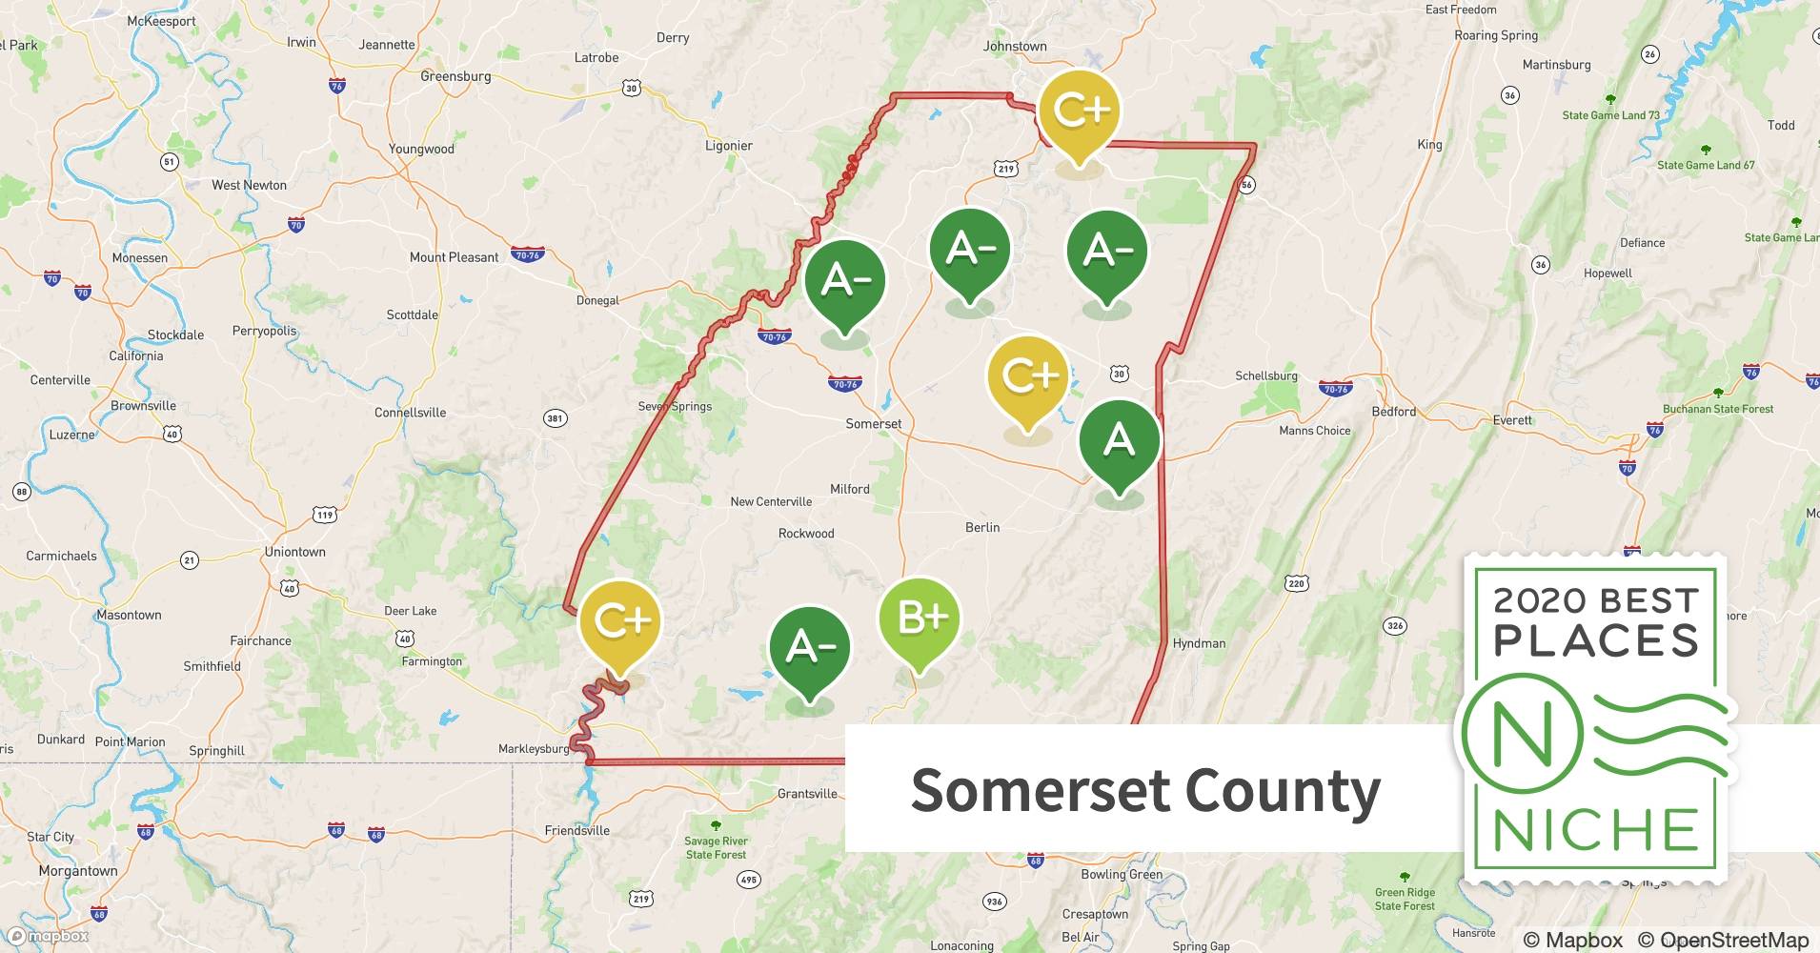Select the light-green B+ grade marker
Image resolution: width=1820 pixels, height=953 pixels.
click(x=919, y=618)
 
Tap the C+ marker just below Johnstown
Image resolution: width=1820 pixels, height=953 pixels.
click(x=1079, y=112)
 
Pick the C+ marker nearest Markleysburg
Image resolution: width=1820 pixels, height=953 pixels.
click(x=620, y=622)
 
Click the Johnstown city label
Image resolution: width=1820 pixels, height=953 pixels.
click(x=1015, y=46)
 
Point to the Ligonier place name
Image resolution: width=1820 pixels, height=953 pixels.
click(x=729, y=146)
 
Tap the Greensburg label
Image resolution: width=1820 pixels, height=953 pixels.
click(x=455, y=76)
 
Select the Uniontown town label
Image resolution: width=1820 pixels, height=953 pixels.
click(x=294, y=552)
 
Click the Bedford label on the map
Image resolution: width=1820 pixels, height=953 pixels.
click(x=1393, y=412)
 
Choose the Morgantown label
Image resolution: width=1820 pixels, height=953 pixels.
click(x=78, y=871)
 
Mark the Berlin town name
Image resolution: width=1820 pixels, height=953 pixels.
click(x=982, y=527)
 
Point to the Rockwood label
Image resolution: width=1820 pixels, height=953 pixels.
click(x=806, y=534)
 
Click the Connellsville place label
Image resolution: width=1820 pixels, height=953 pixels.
click(x=410, y=413)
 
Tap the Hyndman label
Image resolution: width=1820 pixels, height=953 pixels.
click(x=1199, y=643)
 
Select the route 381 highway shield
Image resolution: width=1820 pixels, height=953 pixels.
click(x=555, y=418)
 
